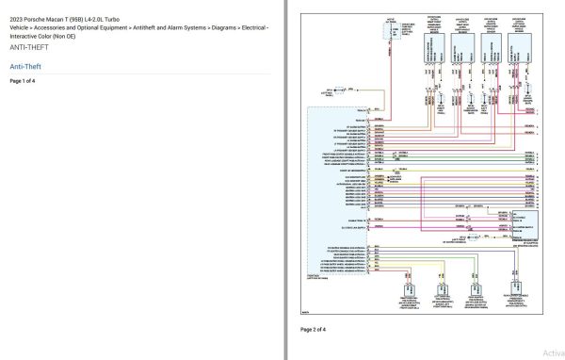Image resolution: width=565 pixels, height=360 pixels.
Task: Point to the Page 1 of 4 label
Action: point(23,81)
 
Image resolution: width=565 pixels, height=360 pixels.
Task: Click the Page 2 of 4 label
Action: point(313,330)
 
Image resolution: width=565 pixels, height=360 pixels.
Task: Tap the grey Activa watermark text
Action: point(553,352)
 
